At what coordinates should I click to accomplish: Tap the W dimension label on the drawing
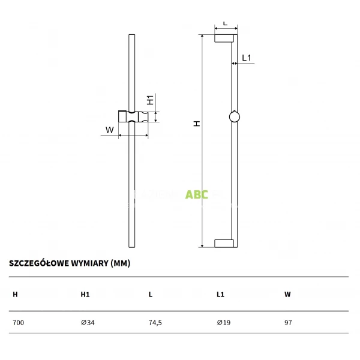pos(110,130)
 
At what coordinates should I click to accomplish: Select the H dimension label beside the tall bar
pos(196,123)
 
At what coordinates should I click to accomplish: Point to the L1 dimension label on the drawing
pos(247,58)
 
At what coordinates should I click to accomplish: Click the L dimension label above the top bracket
pos(225,23)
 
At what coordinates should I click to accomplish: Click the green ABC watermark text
pos(197,194)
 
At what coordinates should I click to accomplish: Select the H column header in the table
pos(15,295)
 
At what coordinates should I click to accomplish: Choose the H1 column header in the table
pos(85,295)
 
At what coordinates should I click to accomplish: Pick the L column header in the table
pos(151,295)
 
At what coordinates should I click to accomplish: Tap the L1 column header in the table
pos(220,295)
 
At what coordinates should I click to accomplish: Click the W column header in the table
pos(287,295)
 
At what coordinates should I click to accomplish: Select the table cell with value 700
pos(18,323)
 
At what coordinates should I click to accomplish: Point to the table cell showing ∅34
pos(88,323)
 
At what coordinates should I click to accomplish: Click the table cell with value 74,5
pos(155,323)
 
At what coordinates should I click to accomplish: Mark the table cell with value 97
pos(288,323)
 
